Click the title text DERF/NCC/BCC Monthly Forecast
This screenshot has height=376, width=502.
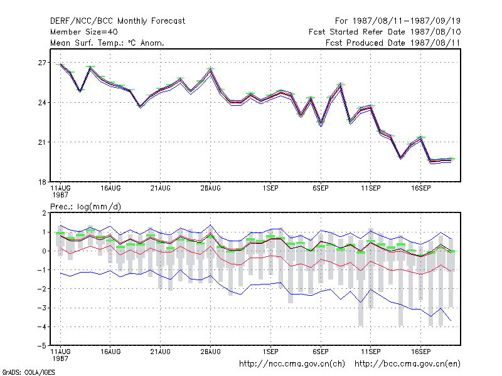(x=117, y=21)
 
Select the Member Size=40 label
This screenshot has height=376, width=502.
(x=84, y=32)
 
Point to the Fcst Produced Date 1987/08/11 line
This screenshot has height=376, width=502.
(x=393, y=43)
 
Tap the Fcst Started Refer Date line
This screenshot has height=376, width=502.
(x=385, y=32)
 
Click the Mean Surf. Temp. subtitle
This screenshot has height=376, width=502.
(x=107, y=43)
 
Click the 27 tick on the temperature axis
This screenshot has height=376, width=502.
(x=42, y=63)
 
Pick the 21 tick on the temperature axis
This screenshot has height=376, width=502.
(x=42, y=142)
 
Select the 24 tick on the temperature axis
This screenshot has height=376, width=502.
(x=42, y=103)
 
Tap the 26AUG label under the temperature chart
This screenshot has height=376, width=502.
(x=210, y=188)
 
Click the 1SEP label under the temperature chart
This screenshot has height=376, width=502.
(x=270, y=188)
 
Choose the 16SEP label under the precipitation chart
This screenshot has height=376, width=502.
(x=420, y=352)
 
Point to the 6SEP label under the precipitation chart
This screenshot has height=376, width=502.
(x=321, y=352)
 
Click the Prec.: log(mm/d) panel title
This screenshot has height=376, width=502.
(x=86, y=207)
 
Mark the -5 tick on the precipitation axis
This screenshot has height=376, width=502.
(x=42, y=346)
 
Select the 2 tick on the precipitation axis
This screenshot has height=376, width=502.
(x=44, y=213)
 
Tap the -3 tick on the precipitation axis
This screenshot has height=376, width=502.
(x=42, y=308)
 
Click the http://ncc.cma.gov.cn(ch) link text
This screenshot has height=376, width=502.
(x=292, y=364)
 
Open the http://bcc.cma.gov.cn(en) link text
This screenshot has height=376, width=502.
(x=407, y=364)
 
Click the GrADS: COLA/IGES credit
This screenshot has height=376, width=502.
(x=28, y=372)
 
